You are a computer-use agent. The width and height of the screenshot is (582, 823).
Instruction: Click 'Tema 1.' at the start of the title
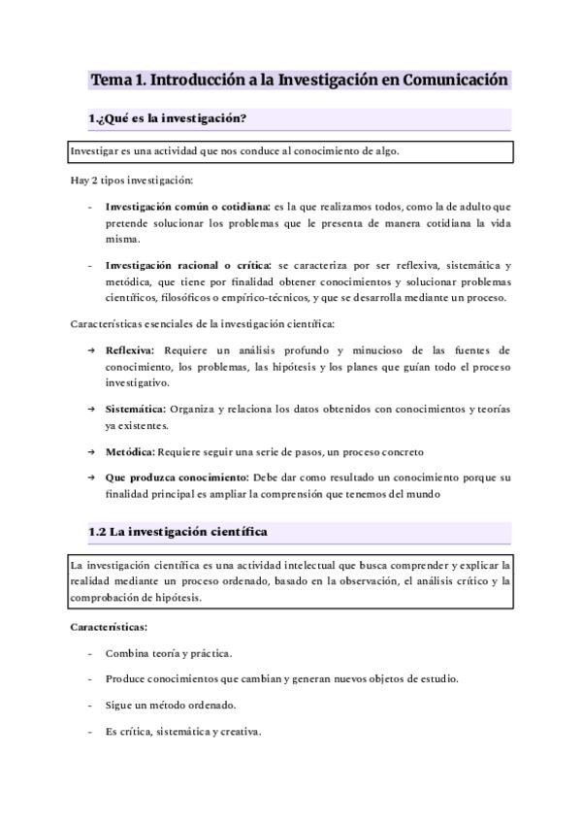[x=116, y=81]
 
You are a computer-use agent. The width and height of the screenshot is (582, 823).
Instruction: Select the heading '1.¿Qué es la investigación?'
[x=167, y=119]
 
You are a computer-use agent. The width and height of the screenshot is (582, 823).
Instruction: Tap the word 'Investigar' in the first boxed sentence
[x=95, y=152]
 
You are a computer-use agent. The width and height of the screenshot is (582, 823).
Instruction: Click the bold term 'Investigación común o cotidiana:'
[x=188, y=207]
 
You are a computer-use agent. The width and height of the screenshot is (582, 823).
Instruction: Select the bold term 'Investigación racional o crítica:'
[x=189, y=265]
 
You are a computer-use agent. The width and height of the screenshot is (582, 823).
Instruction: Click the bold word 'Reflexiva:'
[x=132, y=349]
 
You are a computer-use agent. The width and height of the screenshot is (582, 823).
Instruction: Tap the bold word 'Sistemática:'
[x=136, y=409]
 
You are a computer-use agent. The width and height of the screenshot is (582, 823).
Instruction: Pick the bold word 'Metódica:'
[x=130, y=451]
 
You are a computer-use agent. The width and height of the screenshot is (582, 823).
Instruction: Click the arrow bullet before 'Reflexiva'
[x=91, y=349]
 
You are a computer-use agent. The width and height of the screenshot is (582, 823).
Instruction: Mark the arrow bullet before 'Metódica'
[x=91, y=451]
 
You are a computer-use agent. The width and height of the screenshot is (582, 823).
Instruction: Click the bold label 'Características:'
[x=109, y=627]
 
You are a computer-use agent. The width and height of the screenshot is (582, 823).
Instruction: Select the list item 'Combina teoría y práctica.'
[x=169, y=653]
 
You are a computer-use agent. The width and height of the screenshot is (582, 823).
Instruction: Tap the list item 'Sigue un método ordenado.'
[x=170, y=705]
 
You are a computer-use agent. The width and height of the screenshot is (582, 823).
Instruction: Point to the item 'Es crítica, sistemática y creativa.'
[x=182, y=731]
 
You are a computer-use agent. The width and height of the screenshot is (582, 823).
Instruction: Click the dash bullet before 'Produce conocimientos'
[x=90, y=679]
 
